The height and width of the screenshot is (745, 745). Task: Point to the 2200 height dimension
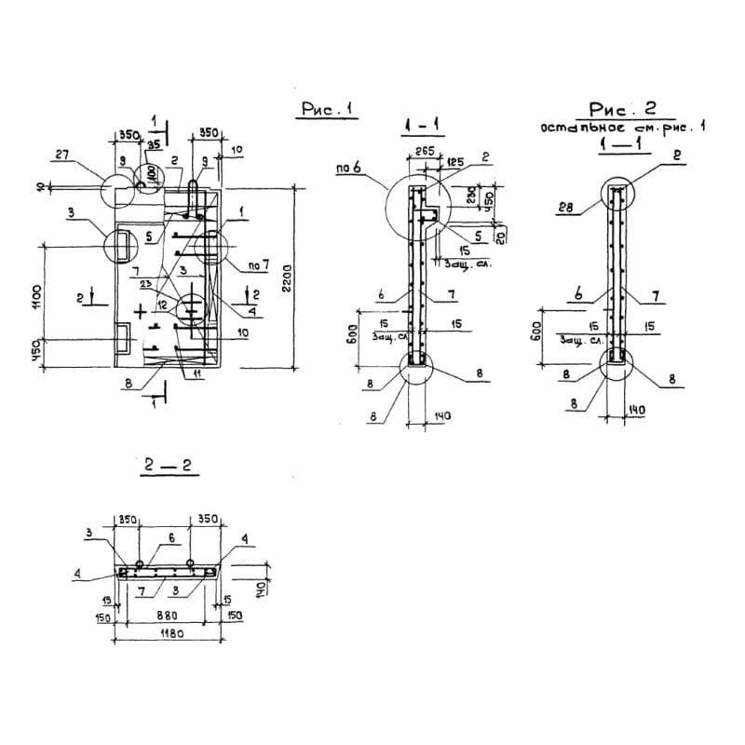coord(287,277)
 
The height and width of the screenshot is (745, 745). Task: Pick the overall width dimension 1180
coord(168,632)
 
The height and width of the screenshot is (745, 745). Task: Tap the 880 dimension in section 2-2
coord(168,616)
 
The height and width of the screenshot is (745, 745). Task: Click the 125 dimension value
coord(455,163)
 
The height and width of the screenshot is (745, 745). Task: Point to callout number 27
coord(61,156)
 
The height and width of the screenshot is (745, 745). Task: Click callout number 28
coord(563,208)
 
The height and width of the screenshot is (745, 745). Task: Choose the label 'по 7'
coord(258,266)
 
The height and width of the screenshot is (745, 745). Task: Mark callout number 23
coord(145,284)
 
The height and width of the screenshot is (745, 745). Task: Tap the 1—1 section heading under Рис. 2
coord(618,145)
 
